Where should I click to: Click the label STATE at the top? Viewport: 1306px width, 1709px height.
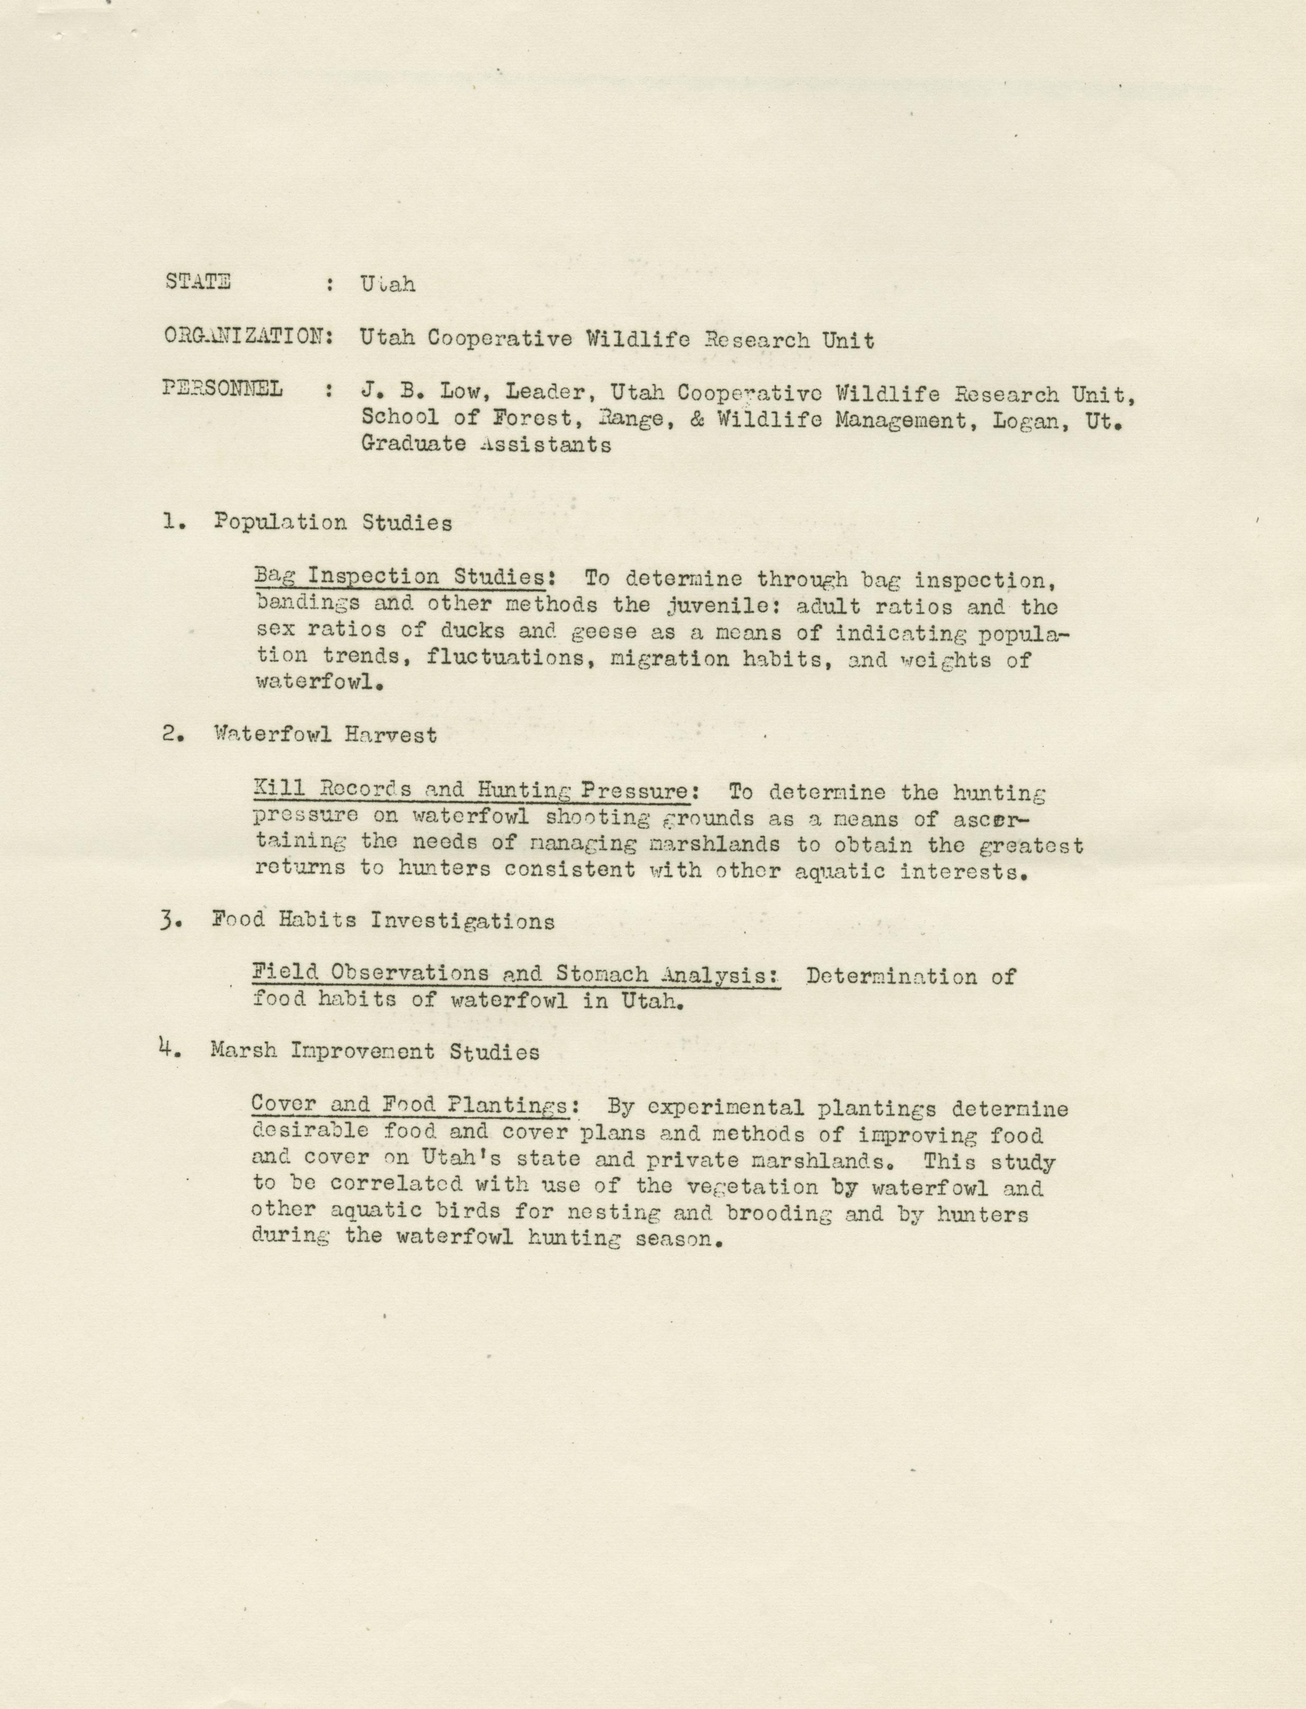click(197, 282)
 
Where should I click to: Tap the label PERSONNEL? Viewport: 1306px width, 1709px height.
click(222, 389)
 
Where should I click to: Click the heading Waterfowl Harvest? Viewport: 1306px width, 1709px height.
click(325, 735)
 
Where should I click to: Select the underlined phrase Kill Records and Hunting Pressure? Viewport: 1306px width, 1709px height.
click(471, 791)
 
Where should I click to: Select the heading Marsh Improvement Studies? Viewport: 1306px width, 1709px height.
click(375, 1052)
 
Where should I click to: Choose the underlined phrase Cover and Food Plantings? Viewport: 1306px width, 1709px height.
click(408, 1107)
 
